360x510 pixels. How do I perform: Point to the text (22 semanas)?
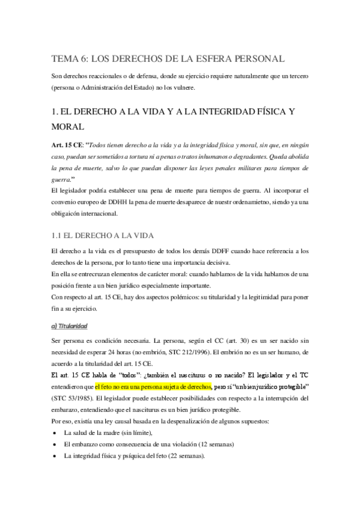183,455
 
